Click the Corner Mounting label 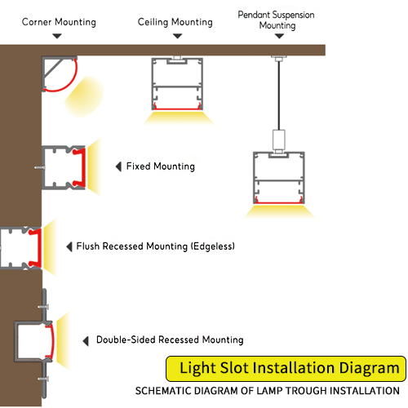(x=59, y=22)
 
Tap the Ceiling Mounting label (x=175, y=22)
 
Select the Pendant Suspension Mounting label (x=277, y=20)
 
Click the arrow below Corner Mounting (x=57, y=36)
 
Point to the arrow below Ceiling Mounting (x=177, y=36)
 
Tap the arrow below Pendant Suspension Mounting (x=279, y=36)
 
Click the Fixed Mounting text (x=161, y=166)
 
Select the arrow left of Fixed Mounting (x=118, y=166)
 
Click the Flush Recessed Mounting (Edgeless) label (x=155, y=246)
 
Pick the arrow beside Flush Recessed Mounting (x=69, y=246)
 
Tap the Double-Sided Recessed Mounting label (x=170, y=339)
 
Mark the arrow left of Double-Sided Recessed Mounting (x=86, y=341)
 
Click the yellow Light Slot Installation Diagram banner (x=286, y=368)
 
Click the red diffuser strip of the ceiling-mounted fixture (x=177, y=109)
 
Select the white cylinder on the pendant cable (x=279, y=139)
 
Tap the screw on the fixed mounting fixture (x=39, y=167)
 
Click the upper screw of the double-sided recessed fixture (x=43, y=307)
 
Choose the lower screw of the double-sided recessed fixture (x=43, y=379)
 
